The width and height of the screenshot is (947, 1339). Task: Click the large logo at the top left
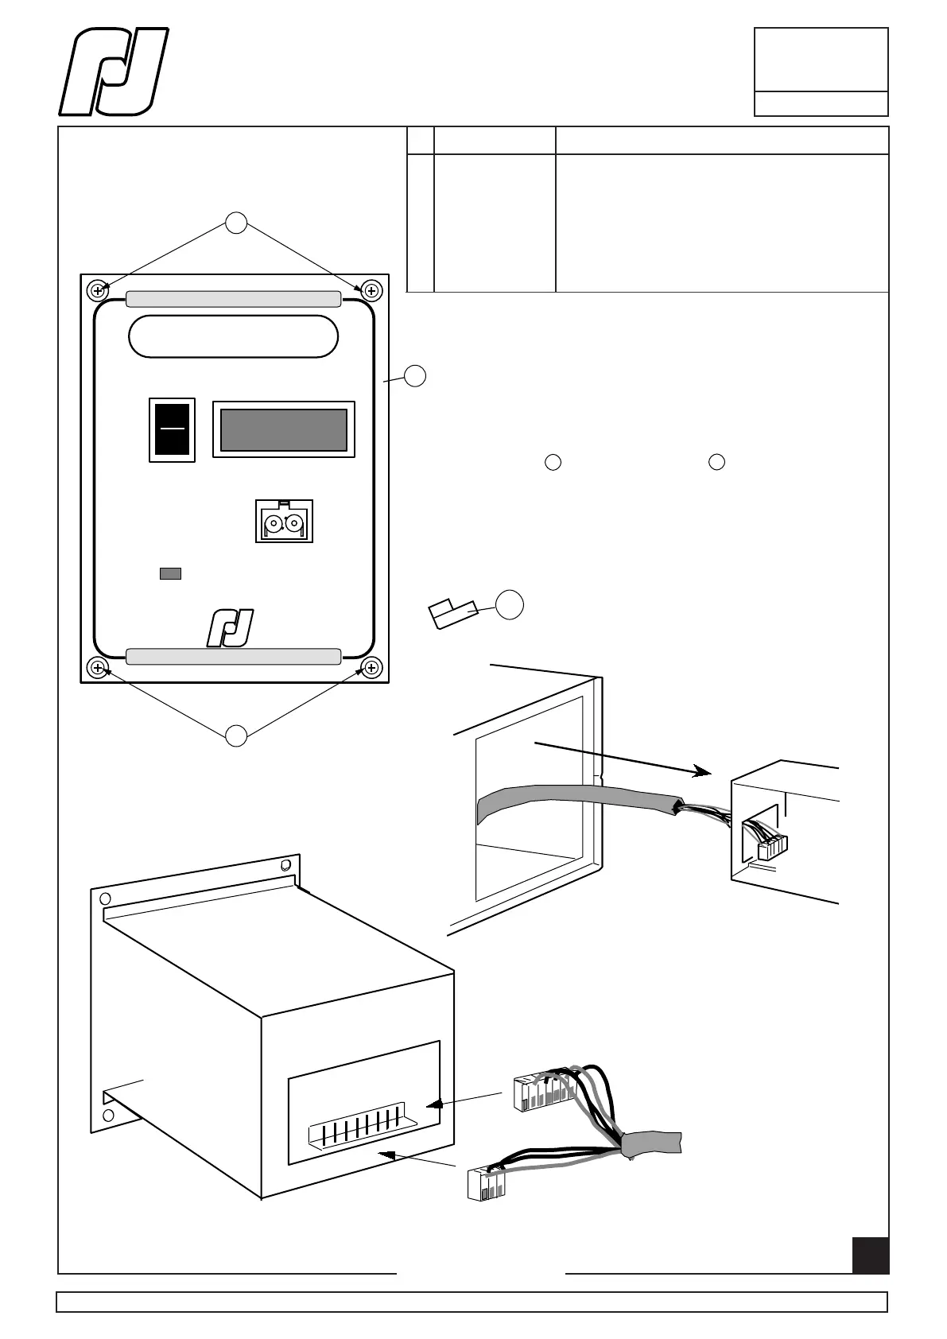click(x=114, y=72)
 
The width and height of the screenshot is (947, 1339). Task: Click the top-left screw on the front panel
click(x=98, y=291)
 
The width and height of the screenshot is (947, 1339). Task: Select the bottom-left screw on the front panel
click(x=98, y=668)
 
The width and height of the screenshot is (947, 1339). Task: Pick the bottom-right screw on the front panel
click(x=370, y=668)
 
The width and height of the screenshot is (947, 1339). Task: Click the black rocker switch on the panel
click(x=172, y=429)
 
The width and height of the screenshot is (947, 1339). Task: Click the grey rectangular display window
click(x=283, y=429)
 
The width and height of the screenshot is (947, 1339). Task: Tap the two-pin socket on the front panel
click(x=284, y=522)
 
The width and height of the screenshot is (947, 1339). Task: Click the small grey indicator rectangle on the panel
click(x=170, y=573)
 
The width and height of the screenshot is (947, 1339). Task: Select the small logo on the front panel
click(x=231, y=627)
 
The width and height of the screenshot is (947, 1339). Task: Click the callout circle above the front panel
click(x=235, y=223)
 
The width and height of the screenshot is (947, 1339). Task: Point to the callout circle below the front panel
click(x=235, y=736)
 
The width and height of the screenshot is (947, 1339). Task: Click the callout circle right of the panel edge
click(x=415, y=376)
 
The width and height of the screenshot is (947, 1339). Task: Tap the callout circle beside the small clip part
click(x=510, y=605)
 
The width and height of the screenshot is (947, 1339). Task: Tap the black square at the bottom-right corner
click(x=870, y=1256)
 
